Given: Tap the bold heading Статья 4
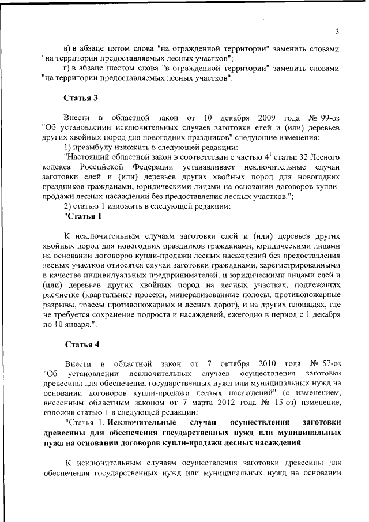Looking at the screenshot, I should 82,345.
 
